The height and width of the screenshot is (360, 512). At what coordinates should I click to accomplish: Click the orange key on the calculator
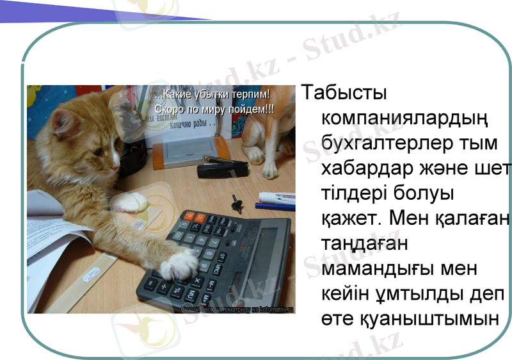click(x=189, y=218)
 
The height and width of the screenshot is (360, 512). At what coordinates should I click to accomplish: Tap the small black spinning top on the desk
click(x=237, y=202)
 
